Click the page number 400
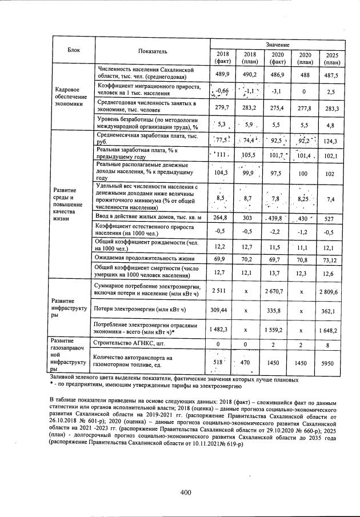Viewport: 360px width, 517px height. (185, 492)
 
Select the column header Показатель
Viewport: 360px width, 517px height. (152, 51)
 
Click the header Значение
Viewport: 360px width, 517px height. (278, 45)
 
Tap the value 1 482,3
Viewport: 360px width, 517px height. (222, 330)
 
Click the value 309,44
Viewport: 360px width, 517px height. (222, 310)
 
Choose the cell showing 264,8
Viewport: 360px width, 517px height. (222, 218)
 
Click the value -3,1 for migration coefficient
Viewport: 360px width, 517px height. (277, 91)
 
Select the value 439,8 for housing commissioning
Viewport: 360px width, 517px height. (277, 218)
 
